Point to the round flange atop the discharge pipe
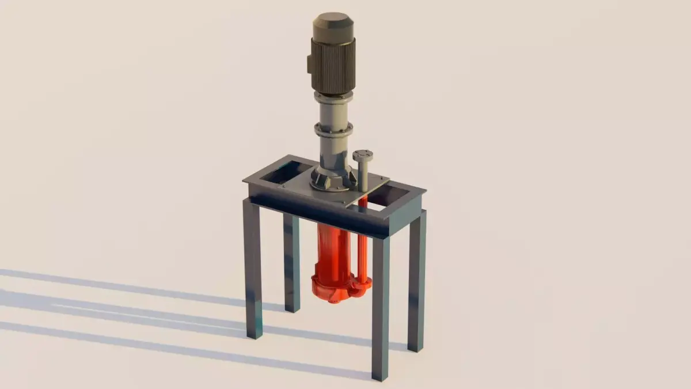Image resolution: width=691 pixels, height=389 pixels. pyautogui.click(x=363, y=155)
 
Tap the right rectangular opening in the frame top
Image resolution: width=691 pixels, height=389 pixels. pyautogui.click(x=392, y=196)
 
